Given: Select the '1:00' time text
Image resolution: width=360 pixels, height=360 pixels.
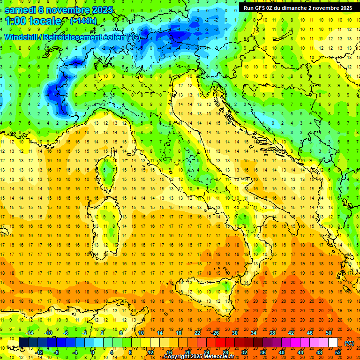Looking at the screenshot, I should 16,22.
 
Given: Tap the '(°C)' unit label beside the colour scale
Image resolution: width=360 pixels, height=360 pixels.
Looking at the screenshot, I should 349,343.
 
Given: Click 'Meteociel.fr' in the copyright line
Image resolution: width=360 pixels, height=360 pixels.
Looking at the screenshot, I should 222,357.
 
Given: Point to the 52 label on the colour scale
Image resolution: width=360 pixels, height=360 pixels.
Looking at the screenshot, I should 338,352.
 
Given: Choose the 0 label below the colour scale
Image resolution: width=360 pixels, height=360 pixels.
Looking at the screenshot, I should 93,352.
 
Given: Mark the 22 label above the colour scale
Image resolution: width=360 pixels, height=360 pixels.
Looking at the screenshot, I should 197,332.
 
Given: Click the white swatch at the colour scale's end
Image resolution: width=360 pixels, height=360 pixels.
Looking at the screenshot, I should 333,342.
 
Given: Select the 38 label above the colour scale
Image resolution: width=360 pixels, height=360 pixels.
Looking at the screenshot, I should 272,332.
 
